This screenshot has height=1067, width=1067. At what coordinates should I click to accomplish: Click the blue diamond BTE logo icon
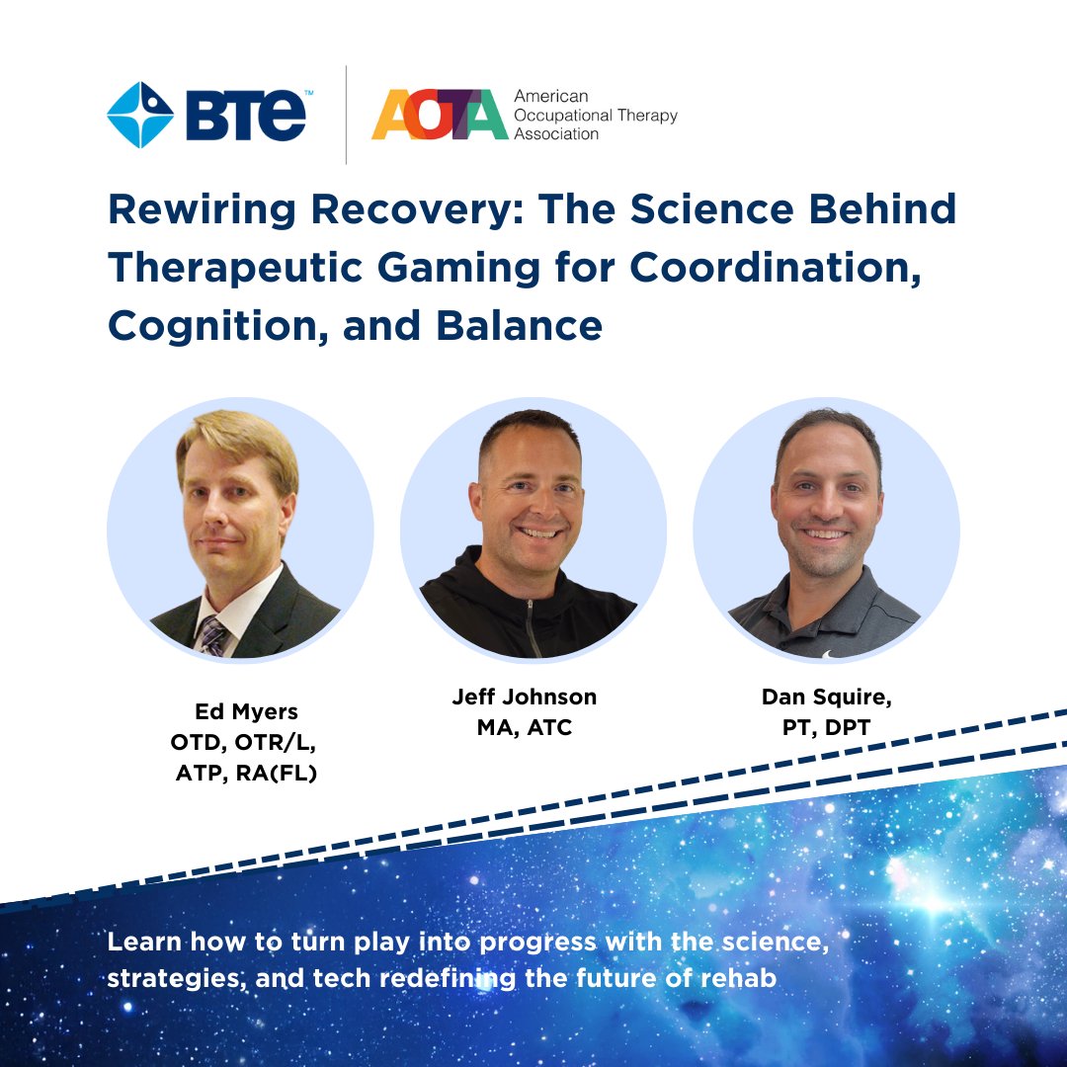pyautogui.click(x=140, y=115)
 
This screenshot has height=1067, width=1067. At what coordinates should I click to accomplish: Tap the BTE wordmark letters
pyautogui.click(x=246, y=115)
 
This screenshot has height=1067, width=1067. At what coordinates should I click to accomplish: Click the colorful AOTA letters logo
pyautogui.click(x=440, y=115)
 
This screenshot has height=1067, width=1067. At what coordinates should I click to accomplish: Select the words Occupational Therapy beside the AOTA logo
pyautogui.click(x=596, y=115)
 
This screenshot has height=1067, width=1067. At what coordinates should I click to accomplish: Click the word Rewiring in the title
pyautogui.click(x=203, y=208)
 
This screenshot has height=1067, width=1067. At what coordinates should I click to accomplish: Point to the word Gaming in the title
pyautogui.click(x=458, y=268)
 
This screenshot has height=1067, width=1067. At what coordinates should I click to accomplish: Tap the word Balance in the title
pyautogui.click(x=520, y=326)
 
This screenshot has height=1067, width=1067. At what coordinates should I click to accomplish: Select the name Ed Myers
pyautogui.click(x=246, y=711)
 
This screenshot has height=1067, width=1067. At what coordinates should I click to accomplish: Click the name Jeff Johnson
pyautogui.click(x=525, y=697)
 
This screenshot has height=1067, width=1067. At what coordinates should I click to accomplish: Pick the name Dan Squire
pyautogui.click(x=826, y=698)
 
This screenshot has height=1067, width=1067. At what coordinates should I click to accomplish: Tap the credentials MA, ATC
pyautogui.click(x=525, y=727)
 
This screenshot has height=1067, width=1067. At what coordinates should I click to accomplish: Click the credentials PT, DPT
pyautogui.click(x=826, y=727)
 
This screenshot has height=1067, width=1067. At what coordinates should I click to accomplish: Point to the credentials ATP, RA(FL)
pyautogui.click(x=246, y=774)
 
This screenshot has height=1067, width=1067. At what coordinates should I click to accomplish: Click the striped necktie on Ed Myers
pyautogui.click(x=211, y=635)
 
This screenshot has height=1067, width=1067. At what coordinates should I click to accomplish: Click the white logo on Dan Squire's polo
pyautogui.click(x=828, y=655)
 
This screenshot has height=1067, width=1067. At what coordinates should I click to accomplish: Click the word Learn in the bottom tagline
pyautogui.click(x=144, y=942)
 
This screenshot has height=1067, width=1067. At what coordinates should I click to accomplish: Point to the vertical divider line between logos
pyautogui.click(x=347, y=115)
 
